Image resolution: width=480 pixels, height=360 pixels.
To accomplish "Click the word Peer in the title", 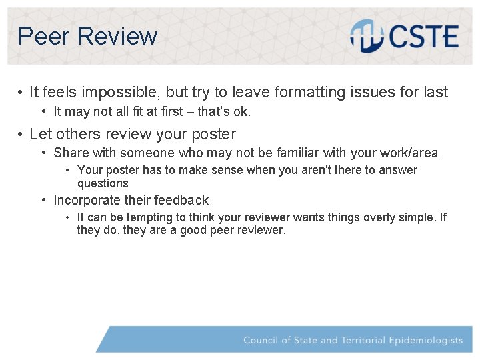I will point(44,36).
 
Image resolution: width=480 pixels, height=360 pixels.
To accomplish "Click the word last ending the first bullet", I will point(435,92).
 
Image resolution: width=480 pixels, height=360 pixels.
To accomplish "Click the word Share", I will point(71,153).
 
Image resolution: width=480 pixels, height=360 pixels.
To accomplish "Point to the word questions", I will point(103,183).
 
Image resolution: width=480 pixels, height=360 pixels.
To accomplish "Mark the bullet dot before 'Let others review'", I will point(21,135).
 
